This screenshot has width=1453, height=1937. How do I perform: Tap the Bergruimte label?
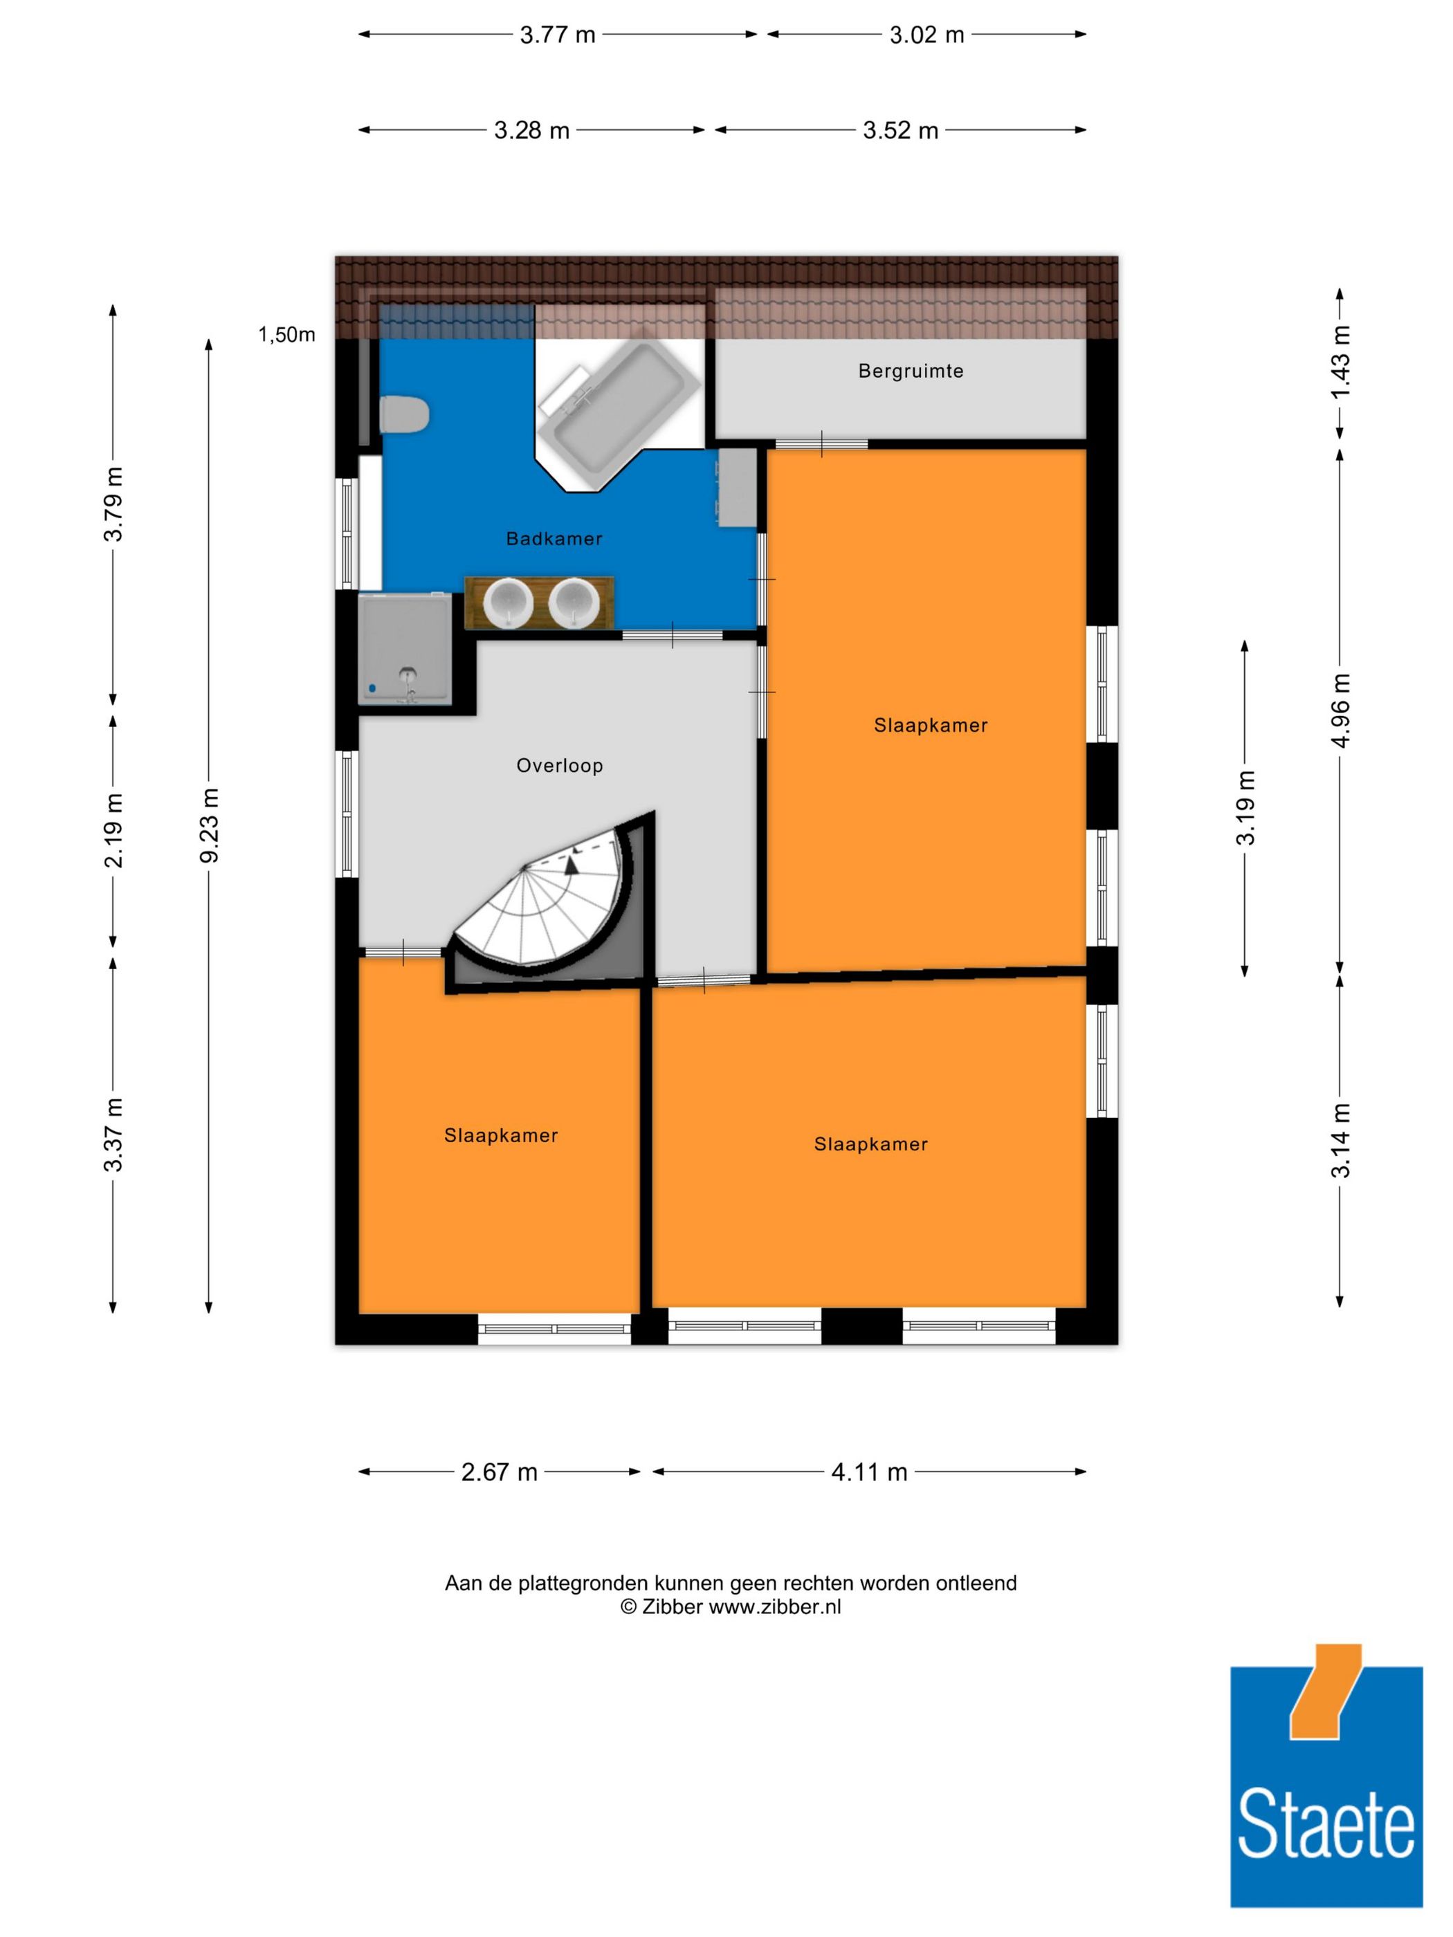tap(911, 371)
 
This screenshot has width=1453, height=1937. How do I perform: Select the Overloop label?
tap(560, 766)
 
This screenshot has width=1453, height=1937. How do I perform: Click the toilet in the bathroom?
tap(404, 414)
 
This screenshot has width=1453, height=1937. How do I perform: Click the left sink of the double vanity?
tap(509, 602)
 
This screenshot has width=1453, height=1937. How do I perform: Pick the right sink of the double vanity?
tap(574, 602)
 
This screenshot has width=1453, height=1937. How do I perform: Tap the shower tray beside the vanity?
tap(405, 649)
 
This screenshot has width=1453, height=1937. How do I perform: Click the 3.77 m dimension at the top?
tap(558, 35)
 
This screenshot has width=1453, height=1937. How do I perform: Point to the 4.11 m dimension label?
tap(869, 1472)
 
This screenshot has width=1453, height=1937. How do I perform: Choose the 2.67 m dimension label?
tap(500, 1472)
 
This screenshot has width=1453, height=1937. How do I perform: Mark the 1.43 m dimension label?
tap(1341, 361)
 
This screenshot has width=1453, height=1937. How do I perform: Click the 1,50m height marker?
tap(286, 335)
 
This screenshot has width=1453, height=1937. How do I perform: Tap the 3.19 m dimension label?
tap(1245, 807)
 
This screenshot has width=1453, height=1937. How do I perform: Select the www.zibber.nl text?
tap(774, 1607)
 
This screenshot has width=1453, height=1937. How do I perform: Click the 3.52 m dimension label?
tap(900, 131)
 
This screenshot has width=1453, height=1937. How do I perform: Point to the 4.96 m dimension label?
tap(1341, 709)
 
